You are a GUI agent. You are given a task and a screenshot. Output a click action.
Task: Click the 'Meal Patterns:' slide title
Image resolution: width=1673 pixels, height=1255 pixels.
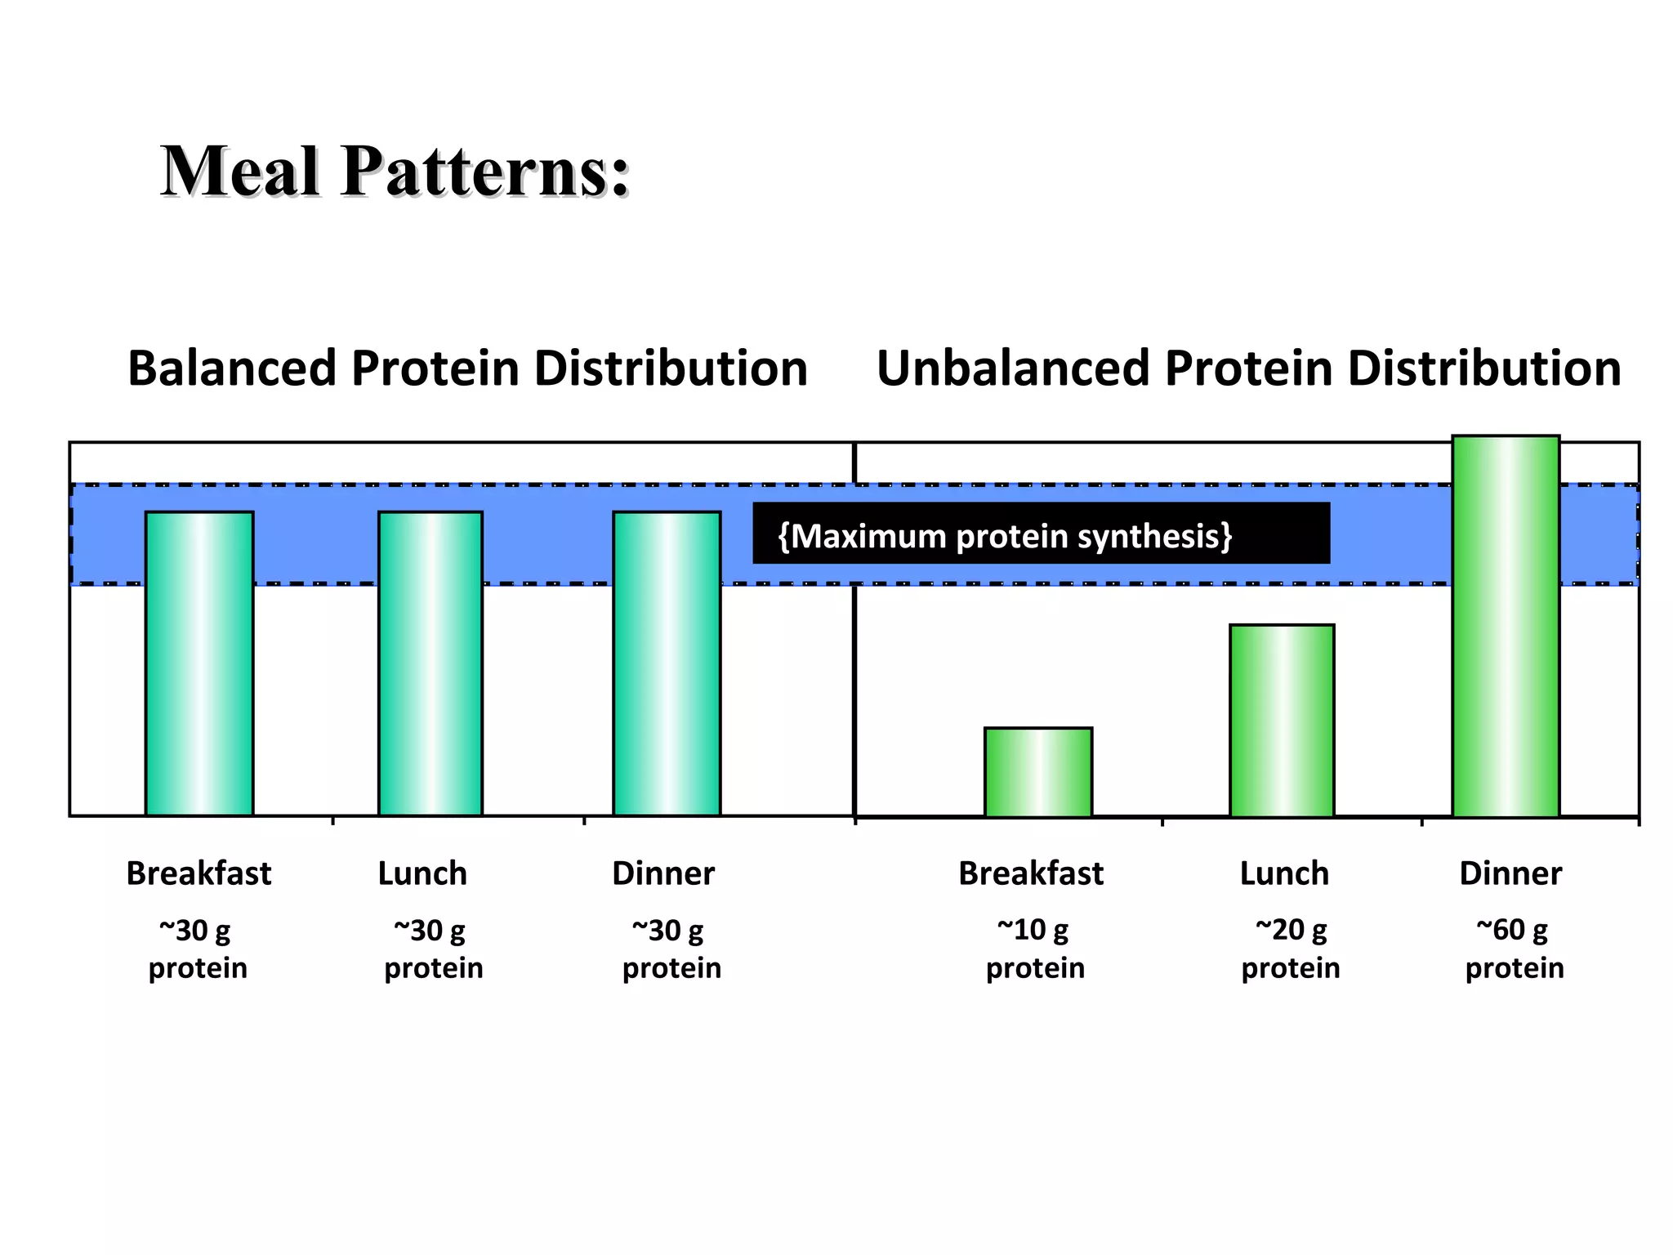pyautogui.click(x=395, y=172)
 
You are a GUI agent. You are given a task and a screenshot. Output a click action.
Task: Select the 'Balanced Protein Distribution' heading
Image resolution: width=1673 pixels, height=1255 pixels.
pyautogui.click(x=467, y=368)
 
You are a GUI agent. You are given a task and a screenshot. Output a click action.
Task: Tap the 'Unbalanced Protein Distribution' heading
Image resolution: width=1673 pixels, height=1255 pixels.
pyautogui.click(x=1248, y=368)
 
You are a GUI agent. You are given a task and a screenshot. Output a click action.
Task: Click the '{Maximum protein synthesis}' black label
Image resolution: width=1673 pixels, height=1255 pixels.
pyautogui.click(x=1041, y=534)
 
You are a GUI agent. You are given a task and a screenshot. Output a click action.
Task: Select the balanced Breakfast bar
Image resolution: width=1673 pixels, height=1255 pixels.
pyautogui.click(x=199, y=663)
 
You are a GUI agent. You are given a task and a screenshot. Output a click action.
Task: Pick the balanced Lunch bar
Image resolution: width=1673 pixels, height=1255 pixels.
pyautogui.click(x=431, y=663)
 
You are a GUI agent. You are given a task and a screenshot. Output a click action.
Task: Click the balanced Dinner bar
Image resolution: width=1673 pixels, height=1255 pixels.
pyautogui.click(x=667, y=663)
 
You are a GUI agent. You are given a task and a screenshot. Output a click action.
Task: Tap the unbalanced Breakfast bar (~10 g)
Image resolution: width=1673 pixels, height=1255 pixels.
pyautogui.click(x=1038, y=772)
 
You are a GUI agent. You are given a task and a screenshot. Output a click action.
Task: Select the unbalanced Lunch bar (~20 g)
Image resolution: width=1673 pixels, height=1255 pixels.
pyautogui.click(x=1282, y=721)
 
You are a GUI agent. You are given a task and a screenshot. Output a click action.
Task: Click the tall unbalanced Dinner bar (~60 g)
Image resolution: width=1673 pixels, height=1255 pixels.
pyautogui.click(x=1506, y=626)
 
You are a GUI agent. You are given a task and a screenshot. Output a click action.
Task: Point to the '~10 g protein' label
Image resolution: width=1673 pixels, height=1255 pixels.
pyautogui.click(x=1035, y=949)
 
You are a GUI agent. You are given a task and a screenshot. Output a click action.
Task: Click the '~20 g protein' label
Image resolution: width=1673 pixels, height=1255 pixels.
pyautogui.click(x=1291, y=949)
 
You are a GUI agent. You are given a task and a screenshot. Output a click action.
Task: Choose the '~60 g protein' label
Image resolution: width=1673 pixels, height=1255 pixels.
pyautogui.click(x=1514, y=949)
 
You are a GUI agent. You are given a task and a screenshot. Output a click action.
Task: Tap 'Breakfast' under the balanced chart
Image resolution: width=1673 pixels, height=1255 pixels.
pyautogui.click(x=199, y=873)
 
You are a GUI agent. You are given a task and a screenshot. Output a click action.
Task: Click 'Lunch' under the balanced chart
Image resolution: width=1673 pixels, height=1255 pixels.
pyautogui.click(x=422, y=873)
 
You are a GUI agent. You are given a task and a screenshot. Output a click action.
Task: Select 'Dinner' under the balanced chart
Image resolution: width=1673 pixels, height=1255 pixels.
pyautogui.click(x=663, y=873)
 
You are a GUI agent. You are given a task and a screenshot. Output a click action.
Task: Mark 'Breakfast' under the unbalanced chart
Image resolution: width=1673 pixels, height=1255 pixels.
pyautogui.click(x=1031, y=873)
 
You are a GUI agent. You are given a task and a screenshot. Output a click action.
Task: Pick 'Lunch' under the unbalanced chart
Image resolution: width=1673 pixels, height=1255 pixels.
pyautogui.click(x=1284, y=873)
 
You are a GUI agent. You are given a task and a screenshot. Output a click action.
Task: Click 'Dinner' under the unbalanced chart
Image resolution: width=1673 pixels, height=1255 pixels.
pyautogui.click(x=1510, y=873)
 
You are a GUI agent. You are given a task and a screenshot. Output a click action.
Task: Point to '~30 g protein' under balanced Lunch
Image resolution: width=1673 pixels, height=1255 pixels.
pyautogui.click(x=433, y=949)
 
